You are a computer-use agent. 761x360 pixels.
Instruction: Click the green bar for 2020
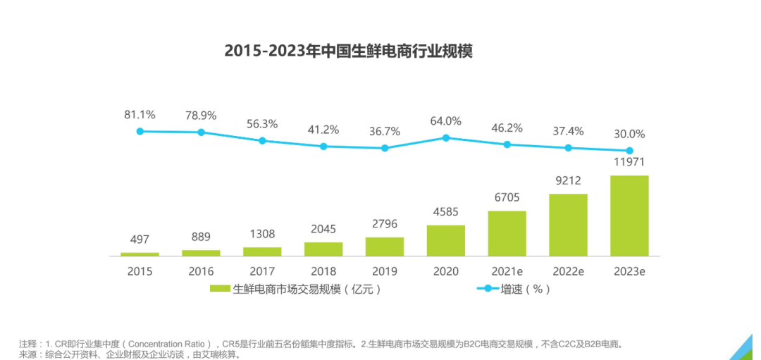point(445,240)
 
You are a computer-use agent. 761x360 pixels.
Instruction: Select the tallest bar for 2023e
point(629,216)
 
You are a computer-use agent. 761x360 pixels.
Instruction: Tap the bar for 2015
point(140,254)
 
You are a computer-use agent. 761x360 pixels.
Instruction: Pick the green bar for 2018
point(323,249)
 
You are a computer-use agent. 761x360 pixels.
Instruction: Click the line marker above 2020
point(445,138)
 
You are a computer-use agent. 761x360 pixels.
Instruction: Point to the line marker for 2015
point(140,131)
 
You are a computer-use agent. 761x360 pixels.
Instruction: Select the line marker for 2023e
point(629,151)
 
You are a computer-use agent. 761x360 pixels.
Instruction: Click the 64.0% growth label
point(445,120)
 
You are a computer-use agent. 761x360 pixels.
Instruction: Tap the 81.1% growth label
point(140,114)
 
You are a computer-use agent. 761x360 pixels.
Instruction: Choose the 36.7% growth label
point(384,131)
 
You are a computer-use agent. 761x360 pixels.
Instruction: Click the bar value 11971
point(629,163)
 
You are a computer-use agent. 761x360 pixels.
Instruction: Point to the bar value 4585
point(445,212)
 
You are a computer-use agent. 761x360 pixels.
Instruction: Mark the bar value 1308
point(262,234)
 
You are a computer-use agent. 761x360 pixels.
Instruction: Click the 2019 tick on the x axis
point(384,271)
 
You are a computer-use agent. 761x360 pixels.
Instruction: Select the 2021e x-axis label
point(507,271)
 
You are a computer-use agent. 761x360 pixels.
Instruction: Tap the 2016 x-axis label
point(201,271)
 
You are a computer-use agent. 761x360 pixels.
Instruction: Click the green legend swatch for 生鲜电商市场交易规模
point(220,289)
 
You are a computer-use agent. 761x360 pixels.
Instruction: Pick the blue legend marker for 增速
point(487,289)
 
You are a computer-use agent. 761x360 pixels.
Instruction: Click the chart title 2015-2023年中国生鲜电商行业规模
point(348,51)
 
